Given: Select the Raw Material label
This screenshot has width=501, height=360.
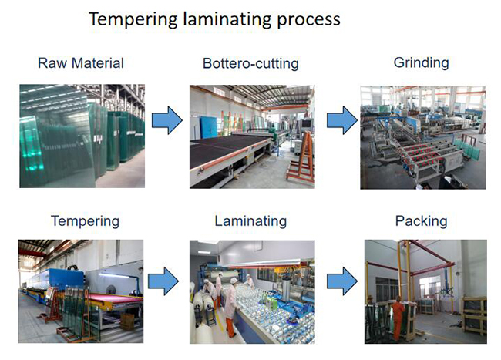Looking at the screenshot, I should point(81,62).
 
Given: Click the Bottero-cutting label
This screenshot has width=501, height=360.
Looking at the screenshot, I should point(250,62).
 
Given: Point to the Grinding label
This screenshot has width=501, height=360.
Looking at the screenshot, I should point(422,62).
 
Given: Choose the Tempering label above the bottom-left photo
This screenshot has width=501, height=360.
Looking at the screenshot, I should point(85,221).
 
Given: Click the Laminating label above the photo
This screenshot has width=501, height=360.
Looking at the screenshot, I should point(250,221).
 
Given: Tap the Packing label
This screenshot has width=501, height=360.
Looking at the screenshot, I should point(421,221).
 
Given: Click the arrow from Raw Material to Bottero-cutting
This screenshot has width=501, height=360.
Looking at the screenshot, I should point(166,120).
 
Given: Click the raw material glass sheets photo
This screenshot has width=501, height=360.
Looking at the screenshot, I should point(81,136).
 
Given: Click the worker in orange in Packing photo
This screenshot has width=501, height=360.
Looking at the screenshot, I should point(396,316).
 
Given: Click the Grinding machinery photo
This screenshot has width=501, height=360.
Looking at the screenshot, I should point(422,136).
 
